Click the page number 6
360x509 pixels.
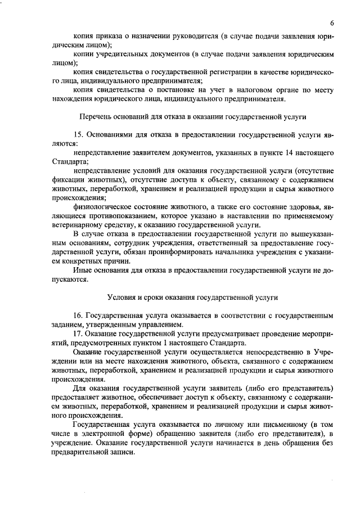coord(332,22)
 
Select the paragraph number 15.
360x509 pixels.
coord(78,136)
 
